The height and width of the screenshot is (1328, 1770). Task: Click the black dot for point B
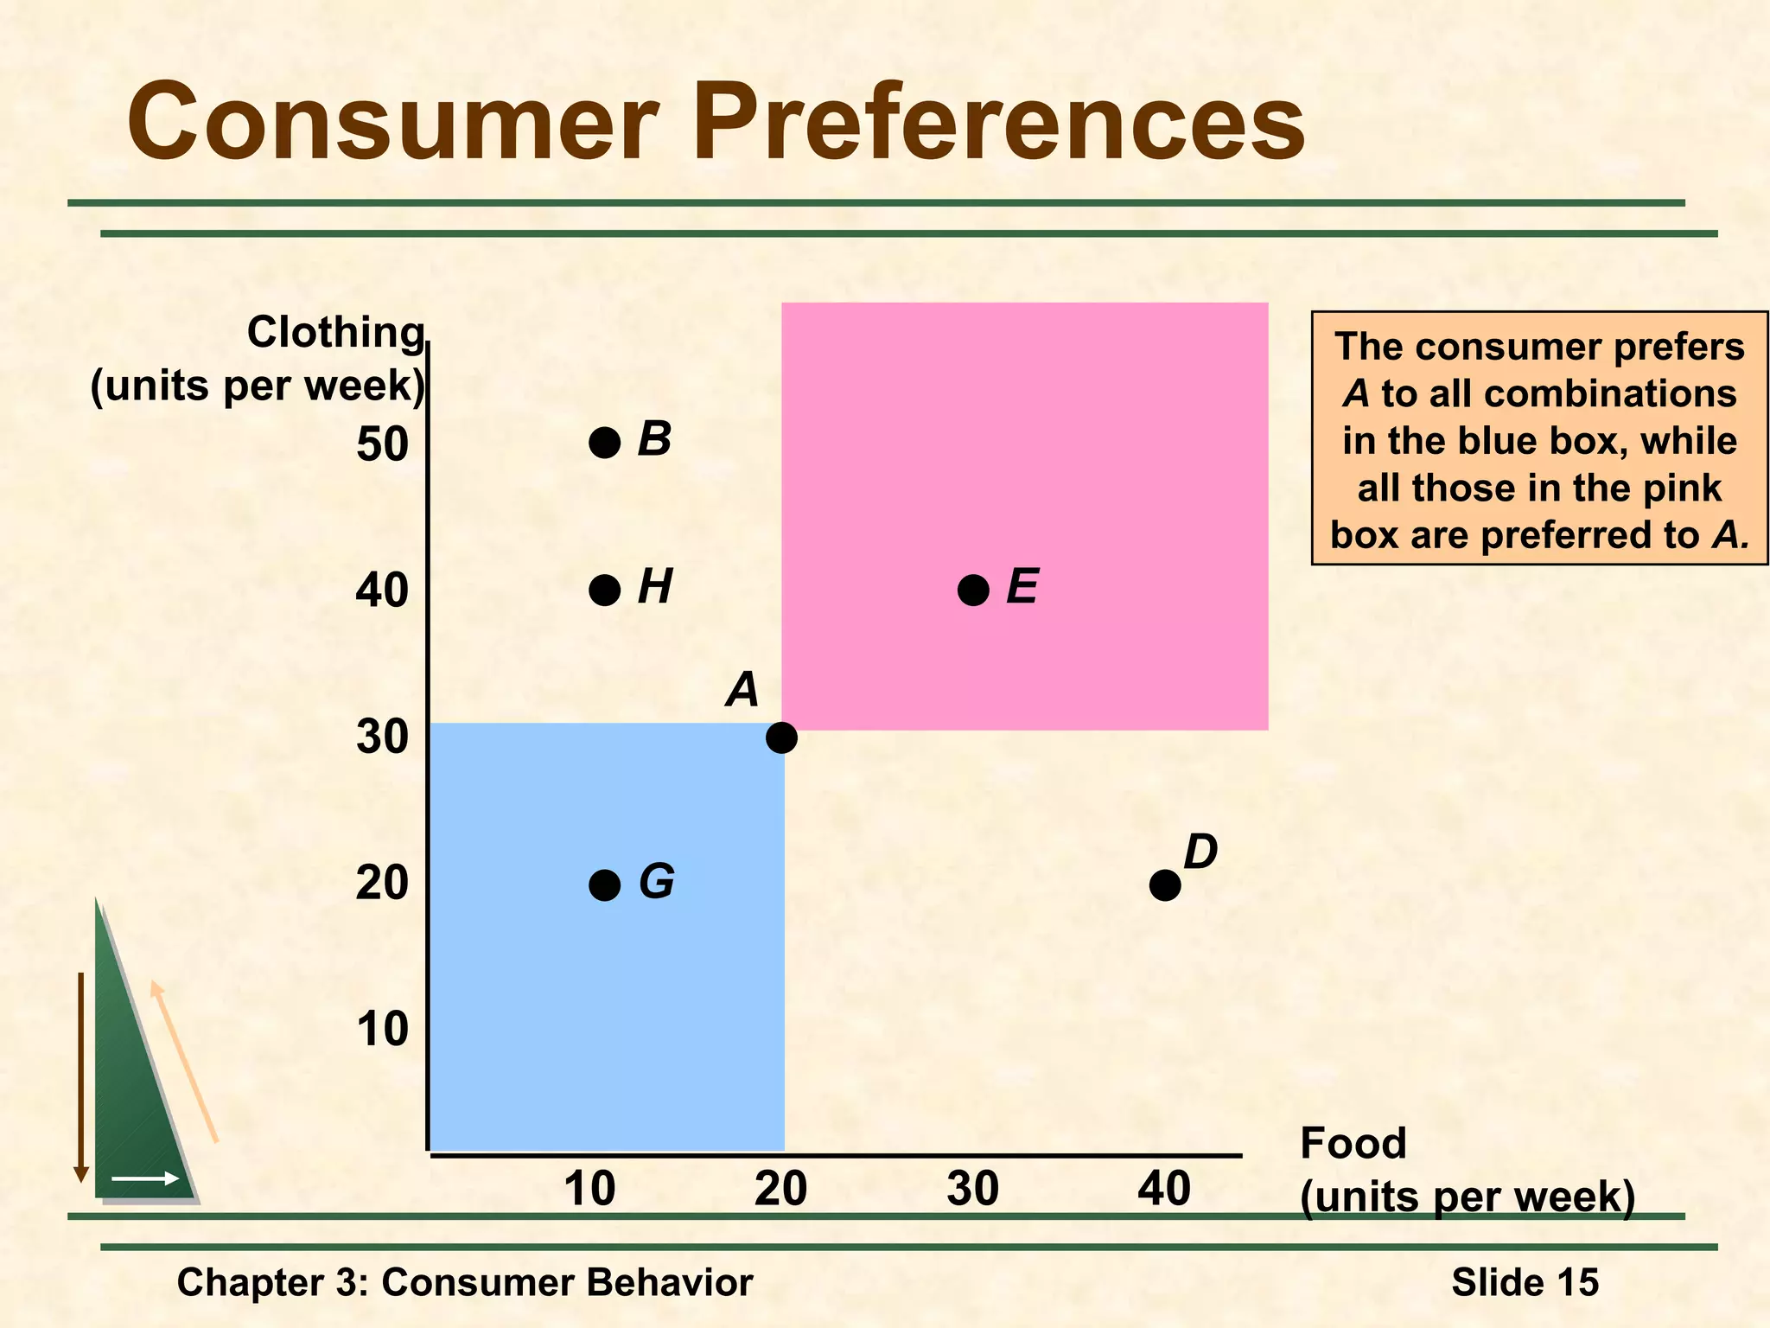(x=604, y=443)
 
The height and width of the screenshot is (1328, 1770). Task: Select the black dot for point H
(x=604, y=591)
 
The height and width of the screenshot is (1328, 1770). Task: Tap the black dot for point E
(x=973, y=591)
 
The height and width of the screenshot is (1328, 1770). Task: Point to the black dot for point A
(x=781, y=737)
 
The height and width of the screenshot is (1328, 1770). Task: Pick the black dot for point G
(x=604, y=885)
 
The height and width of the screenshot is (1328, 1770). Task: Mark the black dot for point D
(x=1165, y=885)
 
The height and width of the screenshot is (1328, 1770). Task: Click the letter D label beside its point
(x=1200, y=852)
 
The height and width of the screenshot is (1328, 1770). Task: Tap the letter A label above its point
(x=742, y=690)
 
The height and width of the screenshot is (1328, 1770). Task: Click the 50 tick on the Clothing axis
(x=382, y=444)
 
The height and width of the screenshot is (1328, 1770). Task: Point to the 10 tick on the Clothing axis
(x=382, y=1029)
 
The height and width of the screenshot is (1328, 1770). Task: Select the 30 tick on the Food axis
(x=972, y=1189)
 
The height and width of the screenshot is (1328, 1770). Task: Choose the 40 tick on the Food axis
(x=1164, y=1189)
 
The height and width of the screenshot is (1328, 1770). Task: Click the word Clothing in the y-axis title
(x=335, y=332)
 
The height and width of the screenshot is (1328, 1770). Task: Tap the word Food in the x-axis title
(x=1353, y=1143)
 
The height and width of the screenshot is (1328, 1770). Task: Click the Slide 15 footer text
(x=1525, y=1282)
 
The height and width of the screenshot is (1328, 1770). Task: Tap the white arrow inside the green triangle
(x=145, y=1178)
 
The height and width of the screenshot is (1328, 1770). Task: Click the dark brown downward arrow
(x=81, y=1076)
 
